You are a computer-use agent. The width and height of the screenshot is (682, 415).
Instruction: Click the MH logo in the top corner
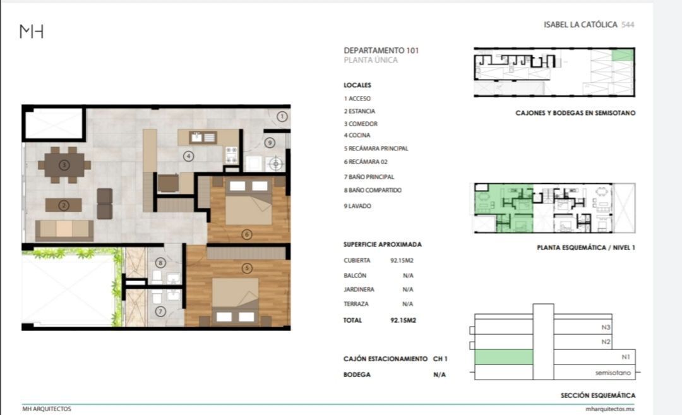click(x=32, y=32)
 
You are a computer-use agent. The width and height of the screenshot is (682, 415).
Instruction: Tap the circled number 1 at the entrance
click(x=282, y=117)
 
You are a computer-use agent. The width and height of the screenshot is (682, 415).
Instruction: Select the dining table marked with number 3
click(x=64, y=165)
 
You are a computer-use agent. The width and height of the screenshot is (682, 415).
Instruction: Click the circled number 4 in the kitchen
click(x=188, y=156)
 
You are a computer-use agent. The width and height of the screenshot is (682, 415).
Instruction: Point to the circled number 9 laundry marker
click(x=270, y=142)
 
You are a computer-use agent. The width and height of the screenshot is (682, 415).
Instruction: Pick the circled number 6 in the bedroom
click(x=247, y=234)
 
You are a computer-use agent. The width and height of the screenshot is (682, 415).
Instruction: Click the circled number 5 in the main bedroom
click(x=247, y=268)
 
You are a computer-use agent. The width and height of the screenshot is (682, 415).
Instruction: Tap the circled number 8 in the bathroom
click(x=160, y=262)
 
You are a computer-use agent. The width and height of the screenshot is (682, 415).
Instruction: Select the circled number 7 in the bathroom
click(x=160, y=311)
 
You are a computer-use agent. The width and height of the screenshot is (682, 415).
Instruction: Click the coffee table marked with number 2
click(x=64, y=205)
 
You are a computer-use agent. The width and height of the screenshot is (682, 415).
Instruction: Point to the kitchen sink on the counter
click(x=203, y=138)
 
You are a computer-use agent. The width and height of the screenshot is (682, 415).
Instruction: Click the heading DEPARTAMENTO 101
click(x=381, y=51)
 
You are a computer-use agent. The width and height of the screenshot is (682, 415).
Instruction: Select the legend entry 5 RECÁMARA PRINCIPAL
click(x=376, y=148)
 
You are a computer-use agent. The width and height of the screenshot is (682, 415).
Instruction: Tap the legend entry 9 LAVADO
click(x=357, y=206)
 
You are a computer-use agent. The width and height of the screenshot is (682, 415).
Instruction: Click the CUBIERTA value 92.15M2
click(x=402, y=261)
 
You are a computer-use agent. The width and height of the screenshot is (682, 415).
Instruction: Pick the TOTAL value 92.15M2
click(x=403, y=320)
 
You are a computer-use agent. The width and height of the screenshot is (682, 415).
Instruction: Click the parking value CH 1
click(x=440, y=359)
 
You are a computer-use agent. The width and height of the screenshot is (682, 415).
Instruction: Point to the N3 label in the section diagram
click(x=606, y=327)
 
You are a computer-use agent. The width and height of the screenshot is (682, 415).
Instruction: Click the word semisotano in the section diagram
click(x=613, y=373)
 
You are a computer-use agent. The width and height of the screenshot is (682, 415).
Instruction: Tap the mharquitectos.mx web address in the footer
click(x=610, y=409)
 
